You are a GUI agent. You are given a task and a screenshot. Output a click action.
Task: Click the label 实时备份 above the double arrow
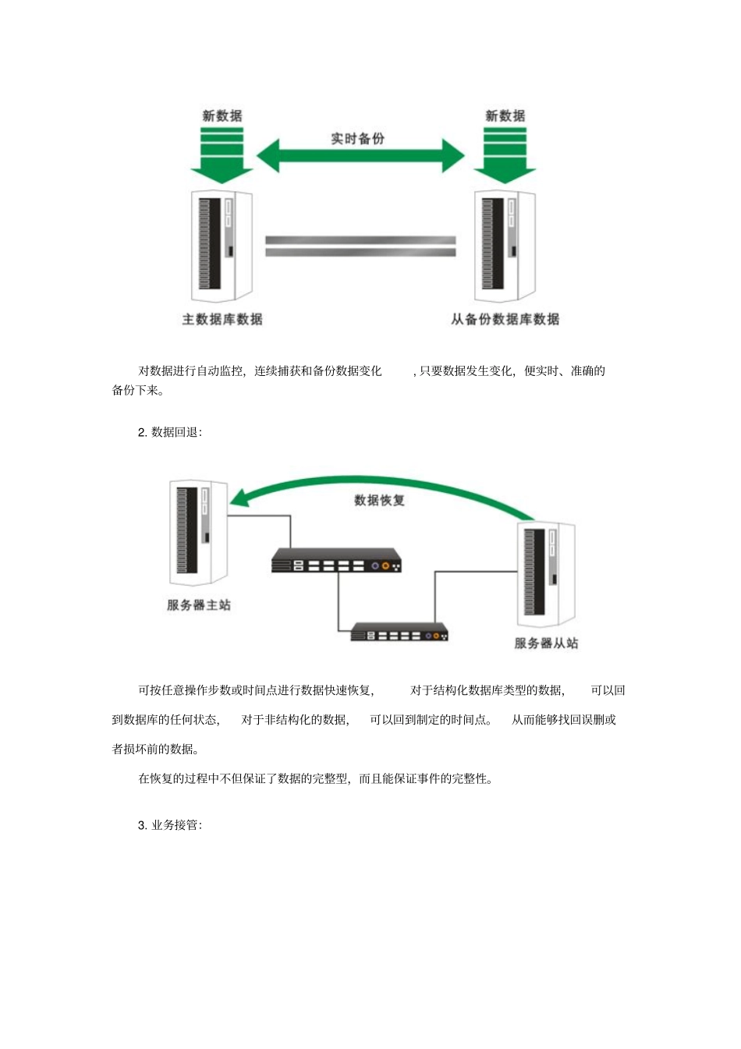[357, 139]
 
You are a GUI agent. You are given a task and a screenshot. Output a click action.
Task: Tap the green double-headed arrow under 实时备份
[360, 156]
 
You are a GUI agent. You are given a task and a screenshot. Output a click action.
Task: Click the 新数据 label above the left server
[222, 116]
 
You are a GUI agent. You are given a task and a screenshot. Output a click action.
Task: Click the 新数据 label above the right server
[505, 116]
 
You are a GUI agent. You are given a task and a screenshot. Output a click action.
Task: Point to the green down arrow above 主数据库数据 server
[222, 156]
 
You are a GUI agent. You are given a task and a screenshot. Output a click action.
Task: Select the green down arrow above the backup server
[505, 156]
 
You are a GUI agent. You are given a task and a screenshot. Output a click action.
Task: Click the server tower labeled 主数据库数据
[222, 246]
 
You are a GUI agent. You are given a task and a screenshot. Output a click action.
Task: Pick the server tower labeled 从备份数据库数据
[505, 246]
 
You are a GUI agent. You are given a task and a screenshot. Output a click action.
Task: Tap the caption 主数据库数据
[222, 319]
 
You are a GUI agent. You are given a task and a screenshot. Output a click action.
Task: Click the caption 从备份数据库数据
[505, 319]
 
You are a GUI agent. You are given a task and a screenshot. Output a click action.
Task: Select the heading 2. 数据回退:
[170, 432]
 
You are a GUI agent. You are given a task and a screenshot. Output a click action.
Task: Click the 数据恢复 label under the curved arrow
[379, 500]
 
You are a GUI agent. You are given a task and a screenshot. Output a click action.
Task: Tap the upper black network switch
[336, 561]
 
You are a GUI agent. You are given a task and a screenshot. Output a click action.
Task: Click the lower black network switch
[399, 632]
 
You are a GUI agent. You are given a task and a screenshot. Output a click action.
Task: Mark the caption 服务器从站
[546, 643]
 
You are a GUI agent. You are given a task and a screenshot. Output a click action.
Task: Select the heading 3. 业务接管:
[170, 825]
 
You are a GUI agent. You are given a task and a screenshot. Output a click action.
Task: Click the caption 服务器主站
[199, 605]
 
